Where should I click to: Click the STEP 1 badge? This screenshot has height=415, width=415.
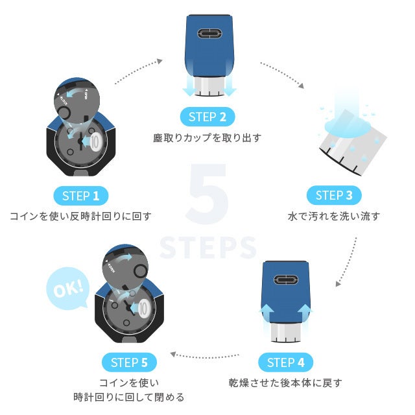[81, 195]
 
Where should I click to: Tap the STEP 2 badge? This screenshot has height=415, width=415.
[207, 117]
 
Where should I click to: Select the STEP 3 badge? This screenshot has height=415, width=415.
[334, 195]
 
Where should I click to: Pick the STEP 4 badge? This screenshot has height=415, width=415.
[285, 362]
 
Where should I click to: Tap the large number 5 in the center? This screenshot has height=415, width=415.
[207, 195]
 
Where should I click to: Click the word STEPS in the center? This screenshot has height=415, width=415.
[207, 247]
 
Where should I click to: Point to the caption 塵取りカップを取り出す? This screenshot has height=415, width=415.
[207, 138]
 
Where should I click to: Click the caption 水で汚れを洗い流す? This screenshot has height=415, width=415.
[334, 216]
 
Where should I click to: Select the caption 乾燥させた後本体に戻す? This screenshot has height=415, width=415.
[285, 383]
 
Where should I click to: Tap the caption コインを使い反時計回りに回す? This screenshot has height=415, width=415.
[81, 216]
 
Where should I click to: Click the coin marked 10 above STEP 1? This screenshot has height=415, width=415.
[93, 141]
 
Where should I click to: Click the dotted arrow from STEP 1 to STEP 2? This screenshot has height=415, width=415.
[138, 71]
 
